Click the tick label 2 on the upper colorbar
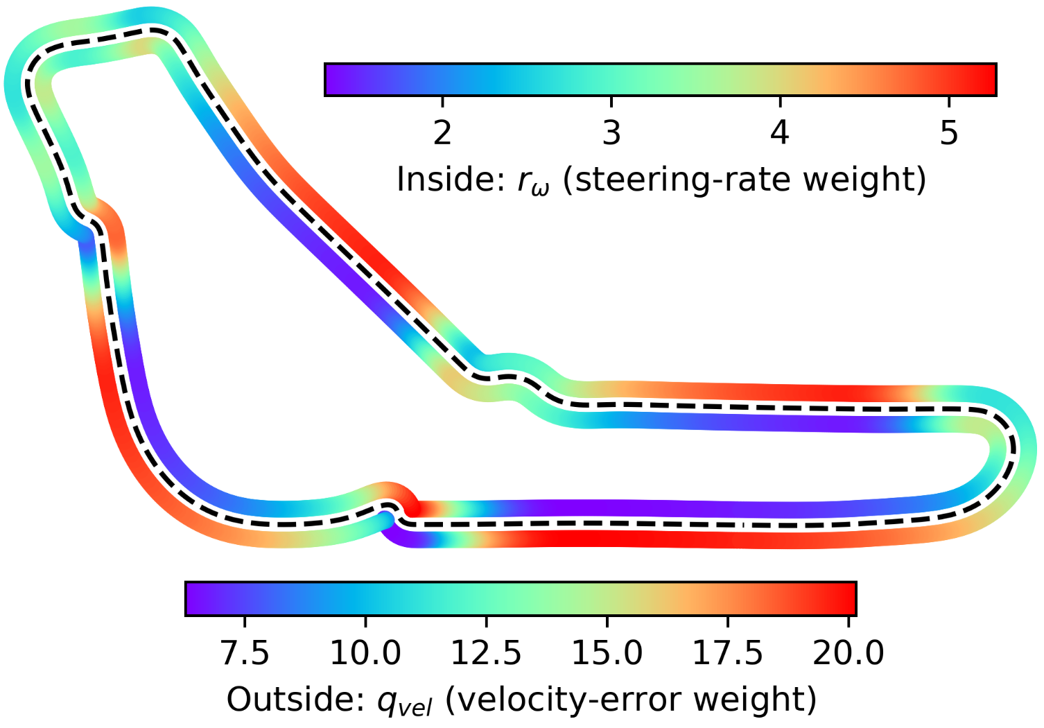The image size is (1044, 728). coord(442,132)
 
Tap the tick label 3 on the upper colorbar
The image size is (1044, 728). coord(611,132)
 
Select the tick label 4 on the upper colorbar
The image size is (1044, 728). coord(780,132)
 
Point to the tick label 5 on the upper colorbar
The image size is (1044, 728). coord(949,132)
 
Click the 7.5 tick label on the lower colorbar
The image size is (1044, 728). coord(245,652)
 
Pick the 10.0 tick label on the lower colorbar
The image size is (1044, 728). coord(365,652)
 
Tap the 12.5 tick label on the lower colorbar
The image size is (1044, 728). coord(486,652)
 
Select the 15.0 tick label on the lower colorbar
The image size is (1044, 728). coord(607,652)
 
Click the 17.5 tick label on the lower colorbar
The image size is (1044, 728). coord(727,652)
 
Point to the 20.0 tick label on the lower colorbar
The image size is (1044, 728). coord(848,652)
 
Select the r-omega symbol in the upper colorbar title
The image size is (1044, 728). coord(533,182)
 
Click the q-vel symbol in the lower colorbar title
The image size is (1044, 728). coord(404,702)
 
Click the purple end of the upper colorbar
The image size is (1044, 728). coord(333,79)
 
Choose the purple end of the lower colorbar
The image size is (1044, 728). coord(193,598)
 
